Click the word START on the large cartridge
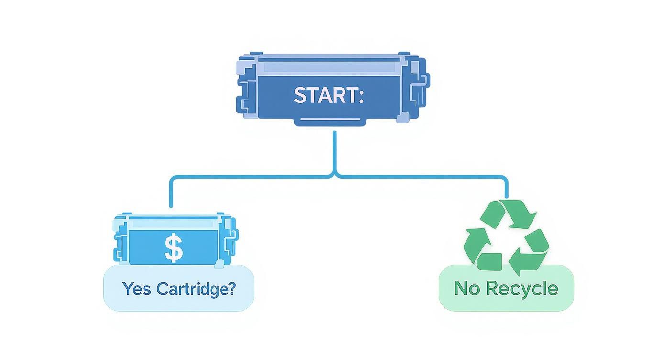pos(323,95)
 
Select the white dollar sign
pos(173,248)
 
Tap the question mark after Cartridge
pos(231,289)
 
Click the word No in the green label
pos(466,289)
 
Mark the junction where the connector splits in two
pos(334,176)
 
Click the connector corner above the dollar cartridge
pos(172,178)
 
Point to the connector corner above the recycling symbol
pos(505,178)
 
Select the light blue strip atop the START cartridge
pos(330,67)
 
